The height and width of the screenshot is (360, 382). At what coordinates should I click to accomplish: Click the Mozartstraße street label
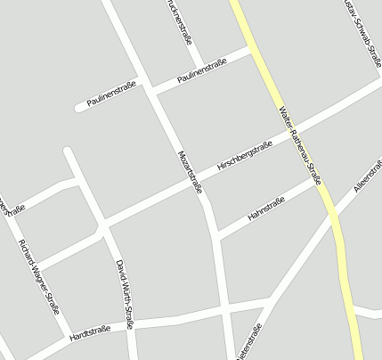[x=191, y=169]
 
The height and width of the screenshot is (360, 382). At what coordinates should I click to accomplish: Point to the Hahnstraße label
[x=265, y=209]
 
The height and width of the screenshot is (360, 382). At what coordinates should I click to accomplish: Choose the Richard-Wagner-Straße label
[x=39, y=276]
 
